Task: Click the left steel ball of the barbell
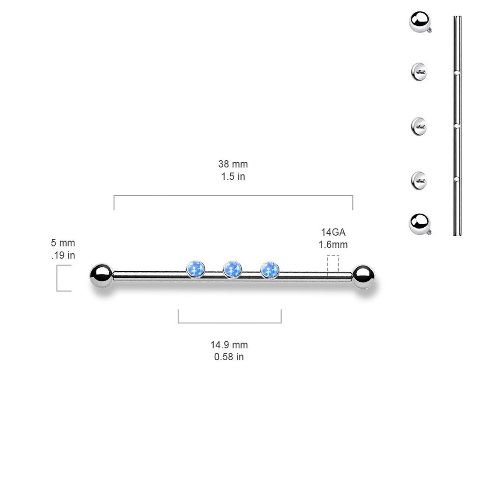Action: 101,275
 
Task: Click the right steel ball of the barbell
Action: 365,276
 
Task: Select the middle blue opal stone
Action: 232,269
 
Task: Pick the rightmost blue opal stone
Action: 269,269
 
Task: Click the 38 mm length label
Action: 233,164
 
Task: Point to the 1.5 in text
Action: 233,177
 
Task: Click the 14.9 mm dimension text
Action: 229,345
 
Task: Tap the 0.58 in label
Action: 229,357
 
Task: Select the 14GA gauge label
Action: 333,233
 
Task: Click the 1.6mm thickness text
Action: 333,245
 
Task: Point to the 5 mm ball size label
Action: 63,243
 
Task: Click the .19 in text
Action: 63,255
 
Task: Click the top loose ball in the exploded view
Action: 420,21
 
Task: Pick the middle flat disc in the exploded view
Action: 419,126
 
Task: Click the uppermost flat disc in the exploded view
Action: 419,72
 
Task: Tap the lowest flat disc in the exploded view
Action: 419,180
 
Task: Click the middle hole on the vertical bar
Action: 457,126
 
